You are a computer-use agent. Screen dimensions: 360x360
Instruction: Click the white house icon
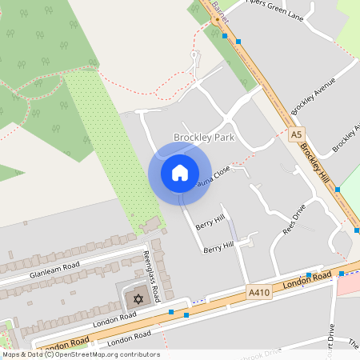(x=180, y=172)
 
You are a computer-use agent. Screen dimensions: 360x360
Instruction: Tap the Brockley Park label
(x=204, y=138)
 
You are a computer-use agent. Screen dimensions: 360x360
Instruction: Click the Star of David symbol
(x=137, y=299)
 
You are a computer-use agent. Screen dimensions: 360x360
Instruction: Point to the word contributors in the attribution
(x=138, y=354)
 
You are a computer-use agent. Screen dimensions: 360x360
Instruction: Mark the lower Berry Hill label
(x=217, y=250)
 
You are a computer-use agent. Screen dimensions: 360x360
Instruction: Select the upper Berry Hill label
(x=210, y=221)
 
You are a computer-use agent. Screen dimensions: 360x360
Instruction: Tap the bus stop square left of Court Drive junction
(x=309, y=274)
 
